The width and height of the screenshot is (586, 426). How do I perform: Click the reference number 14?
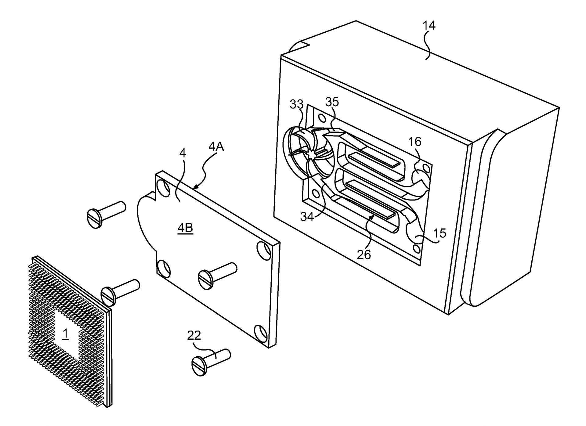click(429, 25)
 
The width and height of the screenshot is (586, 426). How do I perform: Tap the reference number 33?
click(296, 104)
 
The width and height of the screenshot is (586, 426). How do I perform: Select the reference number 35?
click(332, 102)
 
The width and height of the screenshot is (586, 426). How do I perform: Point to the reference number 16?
click(414, 142)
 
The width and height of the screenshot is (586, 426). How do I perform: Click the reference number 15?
click(440, 233)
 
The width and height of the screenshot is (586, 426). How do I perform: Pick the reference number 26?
click(364, 255)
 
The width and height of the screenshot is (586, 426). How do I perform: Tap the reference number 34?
click(307, 217)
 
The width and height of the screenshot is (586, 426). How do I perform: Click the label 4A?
click(216, 147)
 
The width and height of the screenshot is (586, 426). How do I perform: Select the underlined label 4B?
click(185, 228)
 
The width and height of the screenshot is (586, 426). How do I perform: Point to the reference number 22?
click(194, 336)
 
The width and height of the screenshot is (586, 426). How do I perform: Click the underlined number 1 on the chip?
click(65, 334)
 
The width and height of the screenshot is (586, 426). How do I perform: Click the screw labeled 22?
click(211, 363)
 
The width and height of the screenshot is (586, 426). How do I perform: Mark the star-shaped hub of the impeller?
click(312, 155)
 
